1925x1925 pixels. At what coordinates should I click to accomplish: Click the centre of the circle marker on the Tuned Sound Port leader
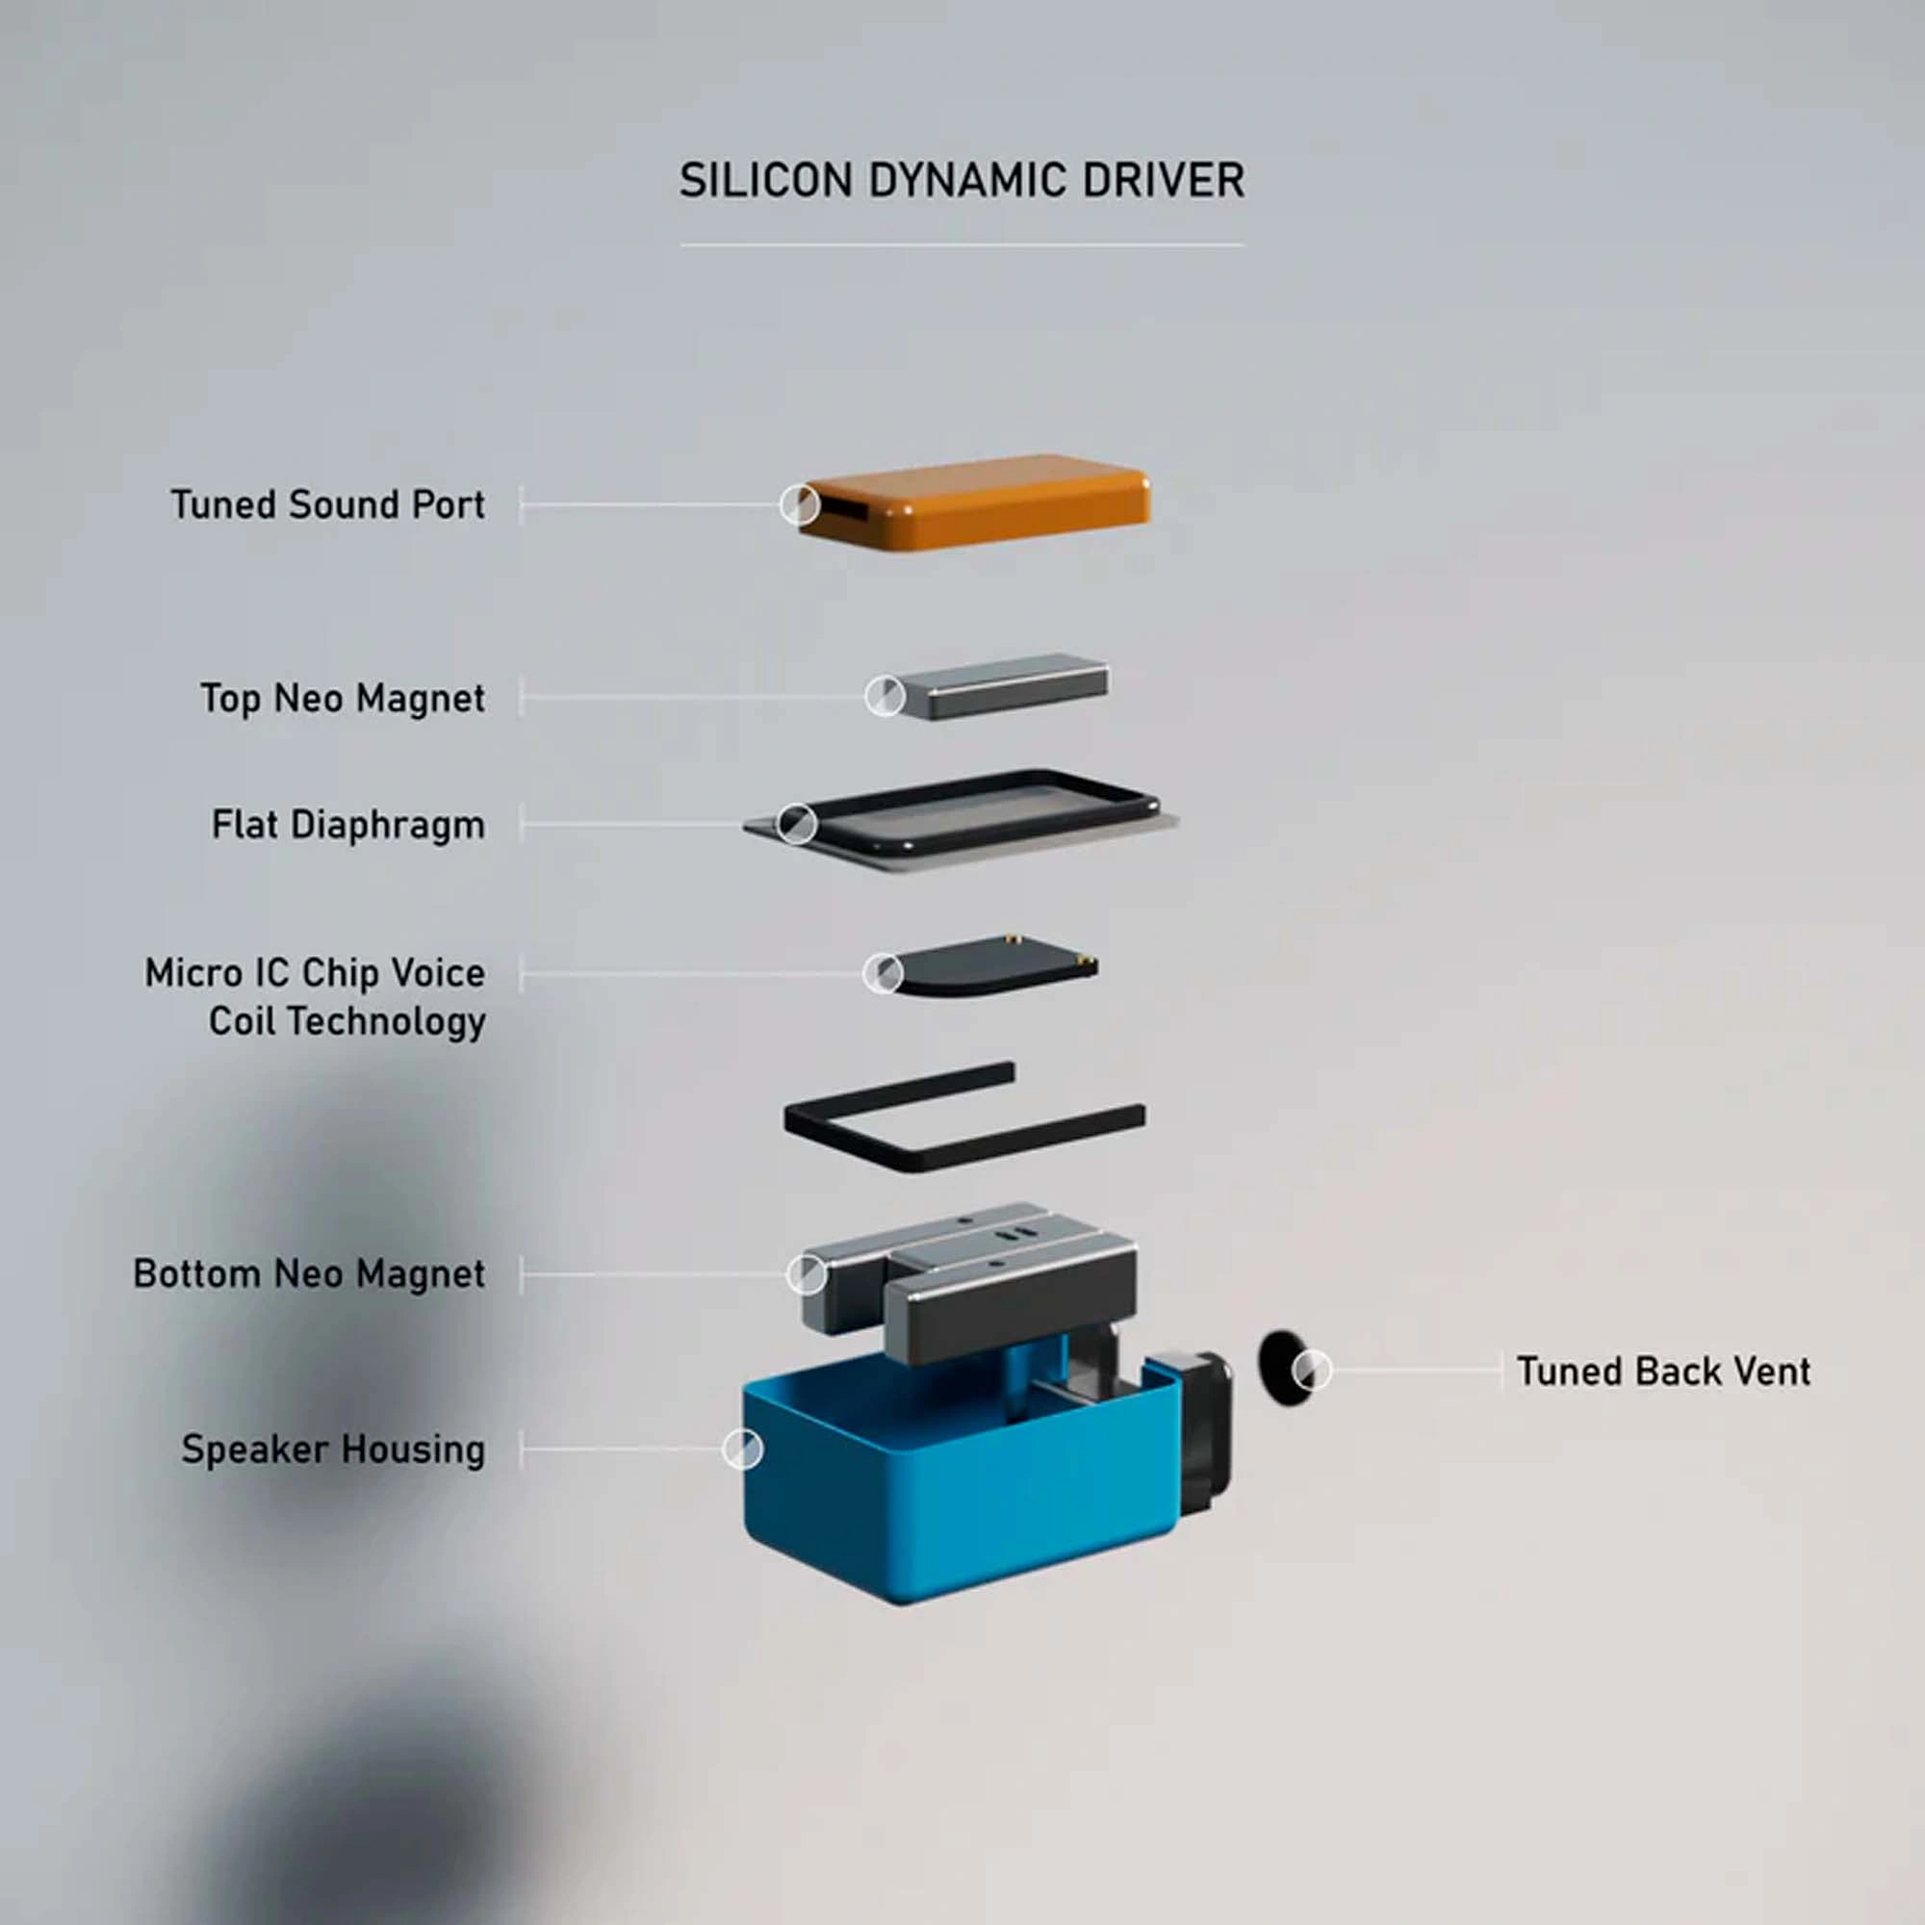point(799,505)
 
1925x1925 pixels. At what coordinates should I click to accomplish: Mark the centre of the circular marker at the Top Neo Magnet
point(885,697)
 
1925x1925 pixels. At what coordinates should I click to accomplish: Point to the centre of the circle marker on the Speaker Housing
point(742,1449)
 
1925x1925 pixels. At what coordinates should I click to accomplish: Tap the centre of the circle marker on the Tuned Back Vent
point(1311,1370)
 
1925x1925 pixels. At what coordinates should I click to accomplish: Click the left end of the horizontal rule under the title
point(680,244)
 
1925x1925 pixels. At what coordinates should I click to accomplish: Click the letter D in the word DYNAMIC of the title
point(883,180)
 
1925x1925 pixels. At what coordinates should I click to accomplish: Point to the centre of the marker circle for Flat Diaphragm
point(796,824)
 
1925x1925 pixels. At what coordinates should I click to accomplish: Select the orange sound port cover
point(974,501)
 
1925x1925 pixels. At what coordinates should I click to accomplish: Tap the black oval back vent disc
point(1282,1368)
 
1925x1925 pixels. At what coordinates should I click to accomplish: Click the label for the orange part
point(328,505)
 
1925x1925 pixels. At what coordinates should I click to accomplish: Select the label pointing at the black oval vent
point(1663,1371)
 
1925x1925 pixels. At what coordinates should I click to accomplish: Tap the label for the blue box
point(333,1450)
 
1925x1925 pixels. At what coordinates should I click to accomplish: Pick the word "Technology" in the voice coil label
point(387,1021)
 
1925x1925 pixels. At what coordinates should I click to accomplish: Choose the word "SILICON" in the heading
point(765,180)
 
